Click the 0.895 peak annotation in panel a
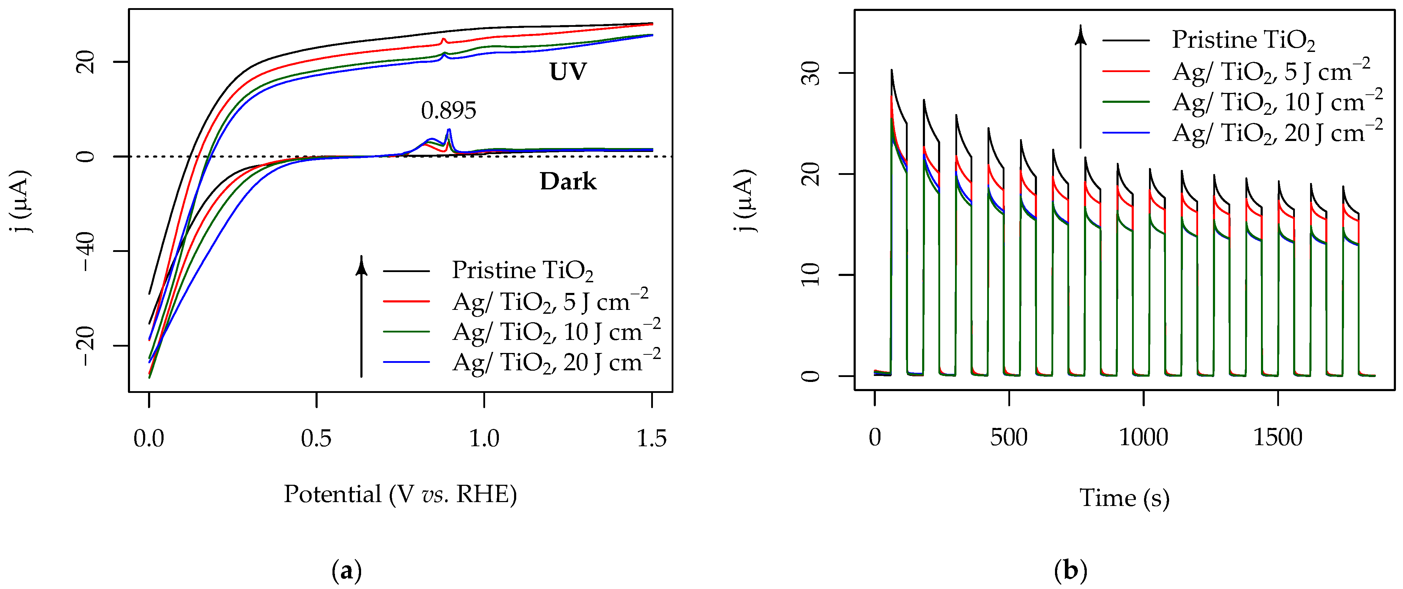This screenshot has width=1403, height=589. pos(448,111)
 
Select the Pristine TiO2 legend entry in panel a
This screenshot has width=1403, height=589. pos(522,271)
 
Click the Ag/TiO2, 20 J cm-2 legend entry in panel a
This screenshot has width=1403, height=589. pos(555,362)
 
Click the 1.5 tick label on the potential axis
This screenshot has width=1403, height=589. pos(652,438)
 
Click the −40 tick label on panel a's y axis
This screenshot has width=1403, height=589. pos(87,251)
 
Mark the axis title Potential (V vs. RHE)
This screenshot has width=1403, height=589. pos(400,494)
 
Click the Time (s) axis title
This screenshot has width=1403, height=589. pos(1124,497)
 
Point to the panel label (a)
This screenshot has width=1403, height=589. pos(346,571)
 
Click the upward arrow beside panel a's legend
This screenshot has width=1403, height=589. pos(361,316)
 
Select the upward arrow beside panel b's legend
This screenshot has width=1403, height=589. pos(1080,87)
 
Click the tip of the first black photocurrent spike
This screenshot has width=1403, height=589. pos(891,70)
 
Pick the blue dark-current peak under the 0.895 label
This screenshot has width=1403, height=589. pos(449,130)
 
